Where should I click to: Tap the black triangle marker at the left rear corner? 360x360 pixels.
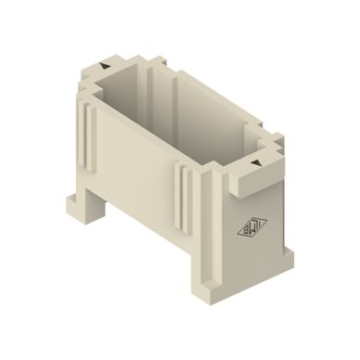109,67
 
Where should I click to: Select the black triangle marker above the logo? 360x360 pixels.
251,163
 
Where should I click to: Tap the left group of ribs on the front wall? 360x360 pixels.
90,139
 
